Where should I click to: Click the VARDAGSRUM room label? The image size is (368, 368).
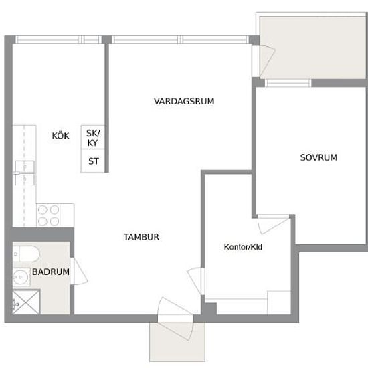click(184, 102)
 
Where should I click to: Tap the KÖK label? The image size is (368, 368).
click(60, 136)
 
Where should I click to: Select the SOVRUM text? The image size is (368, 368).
click(318, 157)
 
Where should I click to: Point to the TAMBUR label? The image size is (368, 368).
click(141, 237)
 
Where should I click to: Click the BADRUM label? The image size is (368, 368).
click(51, 272)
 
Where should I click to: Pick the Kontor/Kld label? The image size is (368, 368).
click(243, 247)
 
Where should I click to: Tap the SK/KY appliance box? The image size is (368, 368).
click(93, 137)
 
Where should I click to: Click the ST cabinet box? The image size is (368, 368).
click(93, 161)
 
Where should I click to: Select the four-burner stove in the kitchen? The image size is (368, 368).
click(48, 215)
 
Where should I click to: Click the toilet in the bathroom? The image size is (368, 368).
click(26, 254)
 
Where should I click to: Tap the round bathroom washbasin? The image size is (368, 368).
click(21, 277)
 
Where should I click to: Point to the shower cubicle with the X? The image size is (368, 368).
click(26, 302)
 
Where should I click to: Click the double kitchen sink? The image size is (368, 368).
click(25, 173)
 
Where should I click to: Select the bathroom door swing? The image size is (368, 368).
click(79, 272)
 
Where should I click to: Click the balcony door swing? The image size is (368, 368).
click(264, 62)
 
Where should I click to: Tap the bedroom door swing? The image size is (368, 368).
click(274, 224)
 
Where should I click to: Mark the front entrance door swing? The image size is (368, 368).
click(175, 318)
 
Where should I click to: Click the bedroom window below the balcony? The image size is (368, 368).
click(288, 83)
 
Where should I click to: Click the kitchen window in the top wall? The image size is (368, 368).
click(59, 39)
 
